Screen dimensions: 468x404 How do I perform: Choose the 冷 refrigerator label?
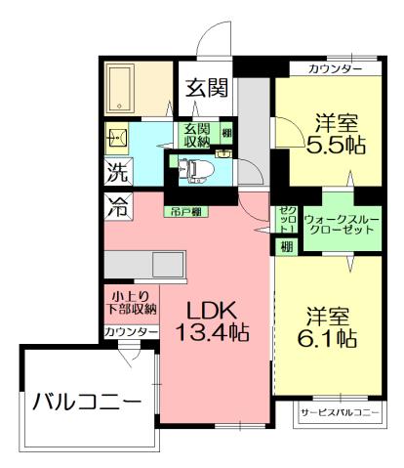click(117, 206)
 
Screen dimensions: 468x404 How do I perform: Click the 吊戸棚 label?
click(185, 211)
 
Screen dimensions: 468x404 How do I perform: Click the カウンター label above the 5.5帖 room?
click(335, 68)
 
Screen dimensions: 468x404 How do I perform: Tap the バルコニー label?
click(86, 401)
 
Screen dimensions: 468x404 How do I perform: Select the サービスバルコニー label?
click(339, 413)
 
